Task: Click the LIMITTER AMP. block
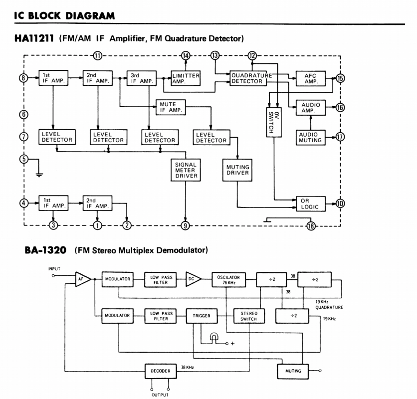[186, 79]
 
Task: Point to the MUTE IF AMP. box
[171, 107]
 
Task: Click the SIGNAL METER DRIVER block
[186, 170]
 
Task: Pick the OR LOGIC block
[310, 203]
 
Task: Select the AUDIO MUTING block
[310, 137]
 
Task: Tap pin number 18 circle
[311, 225]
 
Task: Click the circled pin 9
[186, 225]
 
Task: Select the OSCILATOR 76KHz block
[226, 279]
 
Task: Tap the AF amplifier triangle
[82, 279]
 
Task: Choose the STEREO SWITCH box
[248, 315]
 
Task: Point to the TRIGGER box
[200, 315]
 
